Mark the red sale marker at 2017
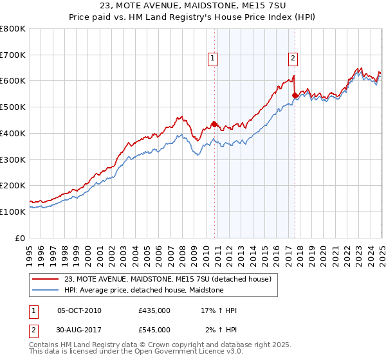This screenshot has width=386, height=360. [x=295, y=95]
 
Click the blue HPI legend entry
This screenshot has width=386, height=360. [x=143, y=290]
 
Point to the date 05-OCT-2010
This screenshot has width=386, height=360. [x=79, y=310]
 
